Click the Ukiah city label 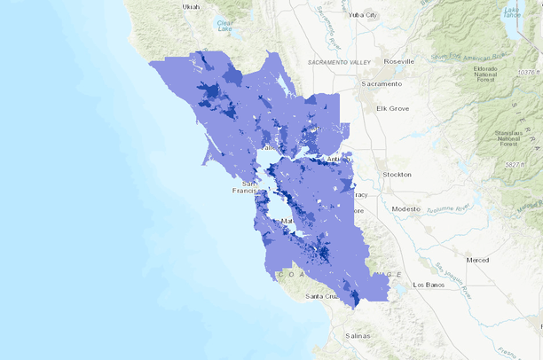coord(190,7)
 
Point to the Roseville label coord(399,61)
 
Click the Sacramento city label coord(381,83)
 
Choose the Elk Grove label coord(390,108)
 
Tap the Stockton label coord(396,175)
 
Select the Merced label coord(477,260)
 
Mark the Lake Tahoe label coord(512,12)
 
